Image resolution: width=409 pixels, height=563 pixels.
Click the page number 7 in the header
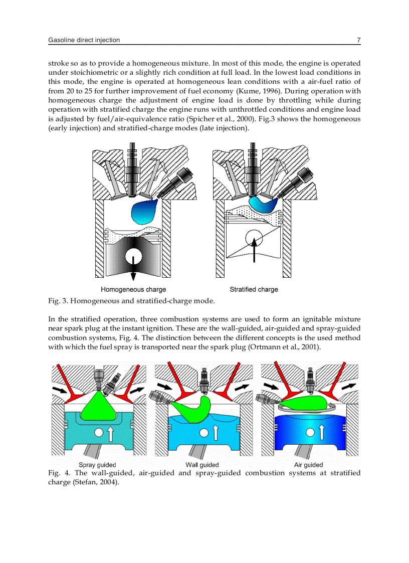click(358, 40)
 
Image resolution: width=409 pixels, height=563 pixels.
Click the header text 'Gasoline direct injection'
click(84, 40)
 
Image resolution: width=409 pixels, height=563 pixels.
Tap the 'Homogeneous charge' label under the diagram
click(133, 289)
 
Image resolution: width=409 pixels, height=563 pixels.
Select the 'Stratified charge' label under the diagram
click(254, 289)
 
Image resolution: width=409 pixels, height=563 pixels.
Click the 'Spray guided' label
click(97, 465)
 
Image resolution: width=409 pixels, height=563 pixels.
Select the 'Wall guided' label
click(202, 465)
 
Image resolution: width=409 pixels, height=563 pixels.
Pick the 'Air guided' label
click(308, 465)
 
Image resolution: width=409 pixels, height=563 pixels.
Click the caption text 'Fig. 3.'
click(58, 301)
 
